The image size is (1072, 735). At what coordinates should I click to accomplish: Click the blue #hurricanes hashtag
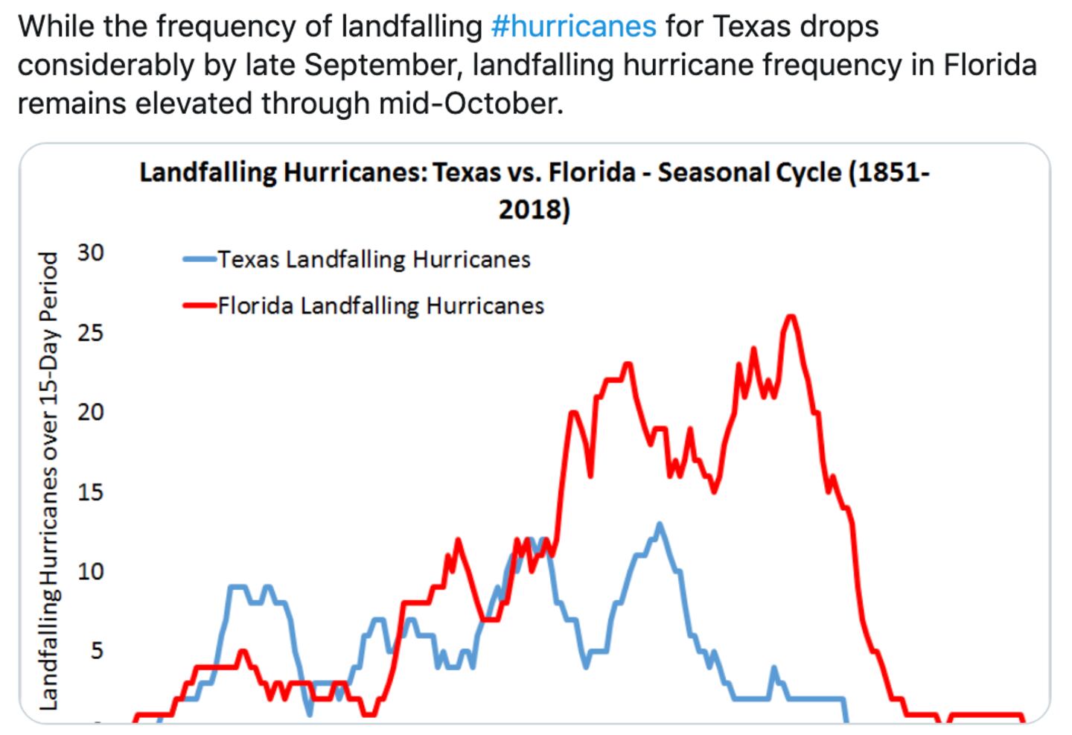573,27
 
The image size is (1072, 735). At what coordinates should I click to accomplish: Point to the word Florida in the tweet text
990,66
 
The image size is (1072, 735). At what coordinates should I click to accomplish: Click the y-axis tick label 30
90,253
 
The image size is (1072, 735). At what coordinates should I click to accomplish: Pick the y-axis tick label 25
90,333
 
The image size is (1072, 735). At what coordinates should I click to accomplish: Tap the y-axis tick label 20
90,413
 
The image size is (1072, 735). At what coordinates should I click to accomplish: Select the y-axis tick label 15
90,492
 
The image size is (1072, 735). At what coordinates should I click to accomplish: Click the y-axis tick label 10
90,572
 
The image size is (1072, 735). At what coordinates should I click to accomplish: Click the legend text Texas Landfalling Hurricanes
374,260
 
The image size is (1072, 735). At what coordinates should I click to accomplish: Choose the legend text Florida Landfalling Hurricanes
380,306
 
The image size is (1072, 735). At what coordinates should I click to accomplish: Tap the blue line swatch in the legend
200,260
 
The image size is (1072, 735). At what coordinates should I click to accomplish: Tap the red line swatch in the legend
200,305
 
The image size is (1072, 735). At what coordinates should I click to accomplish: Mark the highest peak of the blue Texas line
659,524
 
